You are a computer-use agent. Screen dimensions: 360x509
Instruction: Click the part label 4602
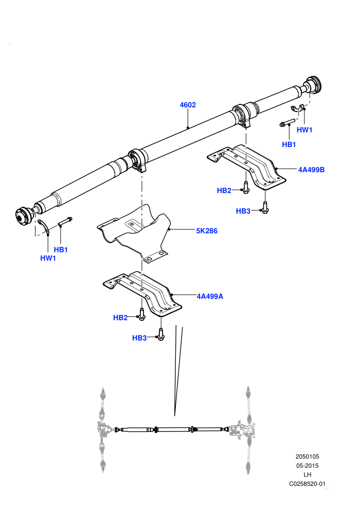pos(188,105)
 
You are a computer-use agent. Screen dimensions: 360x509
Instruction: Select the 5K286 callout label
pos(207,231)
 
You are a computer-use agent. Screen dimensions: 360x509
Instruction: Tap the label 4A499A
pos(210,296)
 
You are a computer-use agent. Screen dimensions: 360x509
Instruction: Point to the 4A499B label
pos(311,170)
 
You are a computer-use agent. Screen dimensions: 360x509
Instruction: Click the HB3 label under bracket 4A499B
pos(243,211)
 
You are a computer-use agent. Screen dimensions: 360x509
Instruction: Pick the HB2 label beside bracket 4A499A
pos(120,318)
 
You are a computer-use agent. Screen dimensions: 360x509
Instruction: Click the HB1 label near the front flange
pos(61,250)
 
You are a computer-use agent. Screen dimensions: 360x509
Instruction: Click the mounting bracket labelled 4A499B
pos(247,167)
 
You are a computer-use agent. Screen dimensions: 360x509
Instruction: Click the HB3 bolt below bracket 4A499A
pos(160,334)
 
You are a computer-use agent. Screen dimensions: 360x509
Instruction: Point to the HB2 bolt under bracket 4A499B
pos(245,187)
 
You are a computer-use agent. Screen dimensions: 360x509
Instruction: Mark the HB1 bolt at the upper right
pos(287,123)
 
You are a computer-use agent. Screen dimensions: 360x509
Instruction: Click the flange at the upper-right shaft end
pos(313,84)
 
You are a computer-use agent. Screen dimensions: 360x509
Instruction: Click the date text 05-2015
pos(308,465)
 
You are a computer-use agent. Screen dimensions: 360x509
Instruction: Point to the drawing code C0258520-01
pos(307,484)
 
